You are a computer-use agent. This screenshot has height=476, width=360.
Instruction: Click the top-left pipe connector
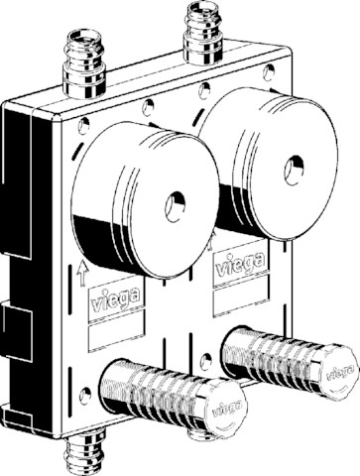[84, 64]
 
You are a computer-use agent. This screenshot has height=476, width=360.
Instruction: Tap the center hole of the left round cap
[175, 206]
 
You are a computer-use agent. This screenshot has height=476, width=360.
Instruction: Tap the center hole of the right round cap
[294, 170]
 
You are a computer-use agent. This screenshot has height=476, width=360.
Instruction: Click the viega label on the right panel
[241, 262]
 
